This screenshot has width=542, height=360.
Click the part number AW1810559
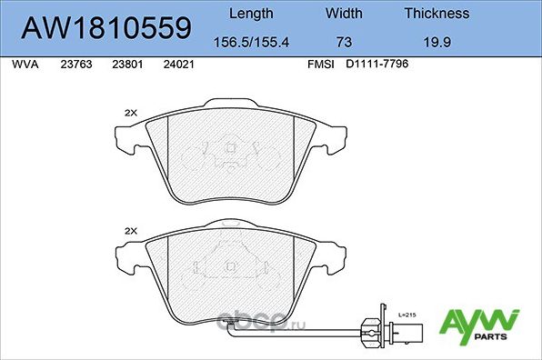point(105,28)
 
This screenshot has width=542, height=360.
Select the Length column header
point(250,14)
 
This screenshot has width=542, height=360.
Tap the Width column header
point(343,14)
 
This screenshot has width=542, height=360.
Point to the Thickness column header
point(437,14)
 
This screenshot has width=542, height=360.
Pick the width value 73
point(343,41)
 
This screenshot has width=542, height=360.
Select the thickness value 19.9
point(437,41)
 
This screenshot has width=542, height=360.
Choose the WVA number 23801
point(125,65)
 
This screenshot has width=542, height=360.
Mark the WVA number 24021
point(177,65)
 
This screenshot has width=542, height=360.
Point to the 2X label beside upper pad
point(129,113)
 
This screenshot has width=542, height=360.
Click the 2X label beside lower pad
point(129,232)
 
